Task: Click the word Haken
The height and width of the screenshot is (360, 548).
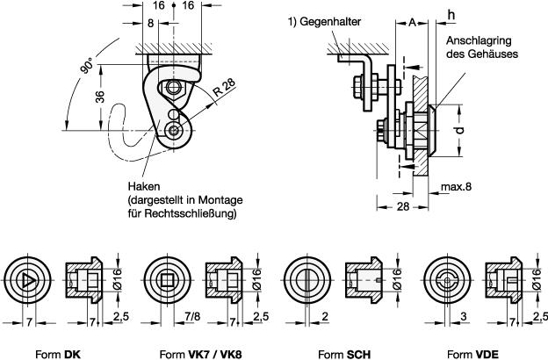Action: [x=141, y=187]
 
